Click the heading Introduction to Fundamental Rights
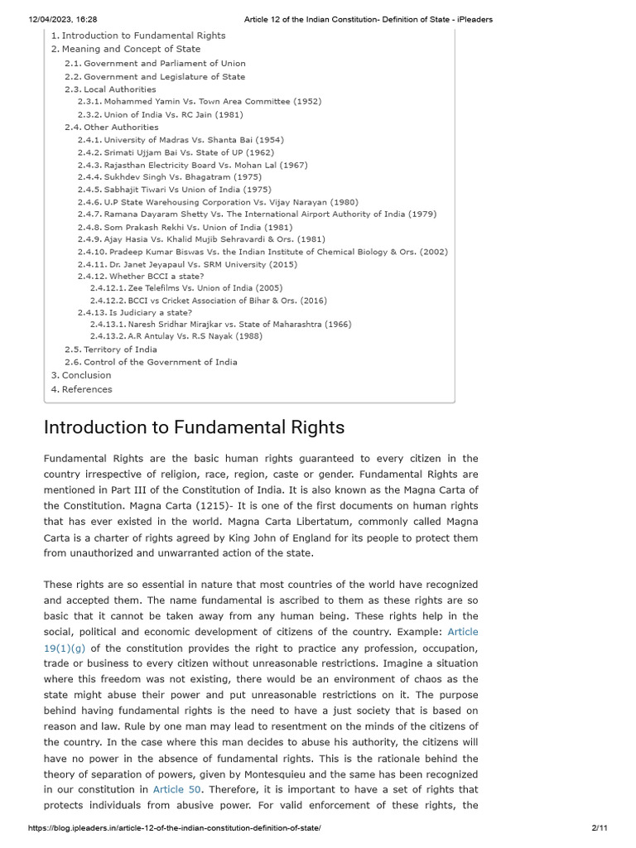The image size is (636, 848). click(x=194, y=427)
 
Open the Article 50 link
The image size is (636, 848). click(x=177, y=789)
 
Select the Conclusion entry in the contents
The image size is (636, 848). click(x=86, y=375)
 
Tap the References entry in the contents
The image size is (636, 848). click(x=87, y=389)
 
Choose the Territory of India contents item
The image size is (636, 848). click(x=120, y=349)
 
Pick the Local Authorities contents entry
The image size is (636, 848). click(x=119, y=89)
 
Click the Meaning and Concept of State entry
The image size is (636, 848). click(x=131, y=49)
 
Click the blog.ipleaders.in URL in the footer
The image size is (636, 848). click(x=174, y=828)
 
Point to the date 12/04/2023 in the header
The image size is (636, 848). click(x=51, y=20)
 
